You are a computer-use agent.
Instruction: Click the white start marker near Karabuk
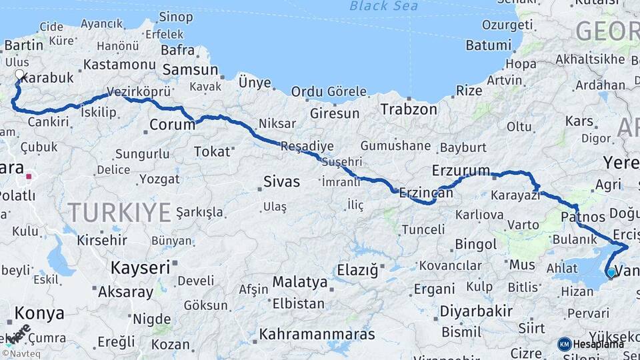19,75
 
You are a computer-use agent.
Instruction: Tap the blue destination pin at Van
611,271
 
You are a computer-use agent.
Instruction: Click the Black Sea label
384,7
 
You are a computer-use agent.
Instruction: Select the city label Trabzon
409,109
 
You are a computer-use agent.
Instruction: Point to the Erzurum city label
461,170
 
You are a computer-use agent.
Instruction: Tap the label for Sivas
281,181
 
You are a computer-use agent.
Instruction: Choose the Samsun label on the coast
190,70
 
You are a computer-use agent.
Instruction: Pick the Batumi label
488,45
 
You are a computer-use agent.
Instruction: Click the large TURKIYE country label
119,213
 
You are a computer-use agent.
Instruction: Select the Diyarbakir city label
475,311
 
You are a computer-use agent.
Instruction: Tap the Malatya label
300,282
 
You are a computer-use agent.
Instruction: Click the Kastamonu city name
119,65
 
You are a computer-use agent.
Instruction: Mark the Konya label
39,313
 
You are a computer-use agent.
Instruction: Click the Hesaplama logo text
598,344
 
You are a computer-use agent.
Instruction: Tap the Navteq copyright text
21,353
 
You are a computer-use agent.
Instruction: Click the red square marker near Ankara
29,177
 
